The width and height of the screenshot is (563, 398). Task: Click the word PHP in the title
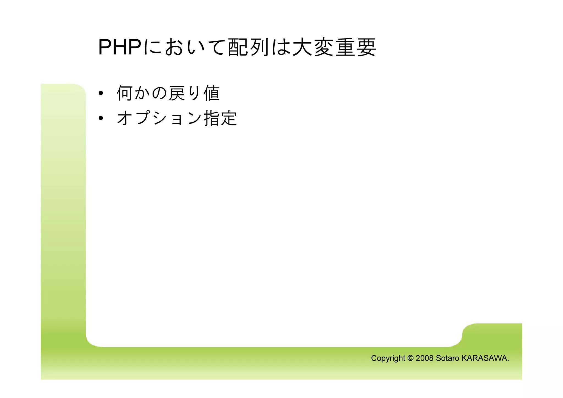120,47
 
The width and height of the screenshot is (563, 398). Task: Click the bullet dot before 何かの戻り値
101,93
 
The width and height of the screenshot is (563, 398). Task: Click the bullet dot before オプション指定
101,118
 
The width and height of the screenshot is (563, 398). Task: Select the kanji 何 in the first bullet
125,93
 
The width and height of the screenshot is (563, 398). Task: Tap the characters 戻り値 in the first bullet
194,93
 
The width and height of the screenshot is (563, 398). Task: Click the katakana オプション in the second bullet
159,118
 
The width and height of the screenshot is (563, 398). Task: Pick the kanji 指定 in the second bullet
220,118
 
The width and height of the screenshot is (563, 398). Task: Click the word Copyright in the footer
388,358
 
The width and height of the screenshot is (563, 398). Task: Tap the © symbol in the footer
410,358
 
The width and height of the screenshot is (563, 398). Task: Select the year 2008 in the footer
424,358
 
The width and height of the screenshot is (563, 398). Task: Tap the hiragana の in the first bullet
159,93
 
